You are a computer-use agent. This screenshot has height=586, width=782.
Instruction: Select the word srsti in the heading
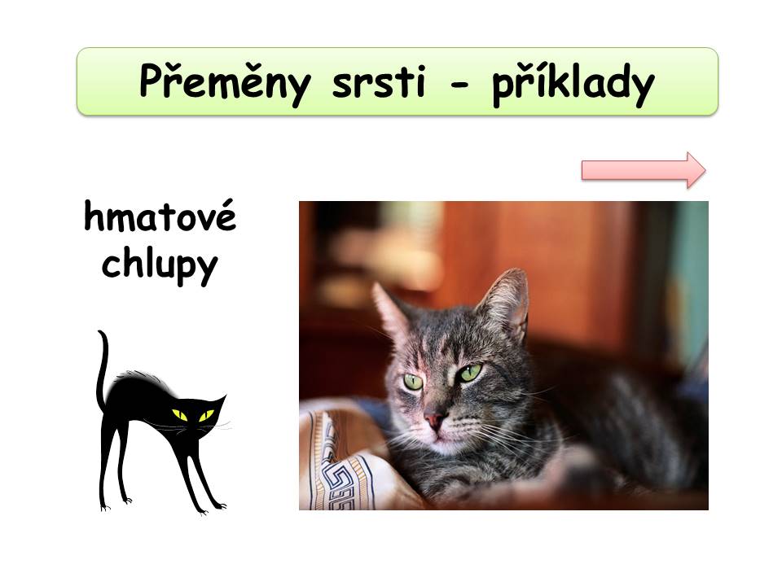(379, 81)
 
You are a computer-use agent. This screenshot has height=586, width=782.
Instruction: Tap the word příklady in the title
(573, 84)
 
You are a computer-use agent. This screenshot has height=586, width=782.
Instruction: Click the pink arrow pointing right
(644, 170)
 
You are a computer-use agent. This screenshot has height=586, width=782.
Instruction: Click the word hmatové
(160, 216)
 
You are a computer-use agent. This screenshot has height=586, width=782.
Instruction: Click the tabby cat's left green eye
(413, 382)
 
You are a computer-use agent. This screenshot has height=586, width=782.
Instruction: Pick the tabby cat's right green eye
(470, 373)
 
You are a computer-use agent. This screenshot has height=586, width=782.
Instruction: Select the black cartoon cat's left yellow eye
(179, 415)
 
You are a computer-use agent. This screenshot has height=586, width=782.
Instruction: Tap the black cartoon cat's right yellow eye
(206, 415)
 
